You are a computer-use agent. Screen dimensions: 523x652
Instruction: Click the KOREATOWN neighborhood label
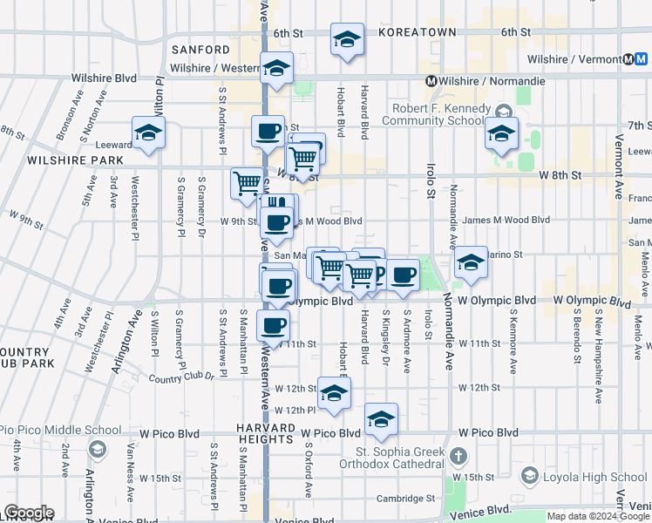pos(417,32)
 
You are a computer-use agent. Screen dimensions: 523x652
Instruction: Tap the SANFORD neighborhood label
pos(201,50)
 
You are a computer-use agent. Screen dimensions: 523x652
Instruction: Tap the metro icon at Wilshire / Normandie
pos(430,81)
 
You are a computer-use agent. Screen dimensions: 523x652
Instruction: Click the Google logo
pos(29,513)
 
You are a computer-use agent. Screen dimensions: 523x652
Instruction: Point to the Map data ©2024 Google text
pos(598,516)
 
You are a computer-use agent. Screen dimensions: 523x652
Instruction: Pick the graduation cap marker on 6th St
pos(347,39)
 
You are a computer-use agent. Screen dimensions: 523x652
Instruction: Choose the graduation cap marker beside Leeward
pos(149,133)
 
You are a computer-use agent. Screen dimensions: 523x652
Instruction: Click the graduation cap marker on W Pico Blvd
pos(381,420)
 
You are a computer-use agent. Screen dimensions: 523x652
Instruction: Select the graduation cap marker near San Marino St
pos(471,262)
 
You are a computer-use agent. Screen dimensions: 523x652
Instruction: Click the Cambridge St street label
pos(405,499)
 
